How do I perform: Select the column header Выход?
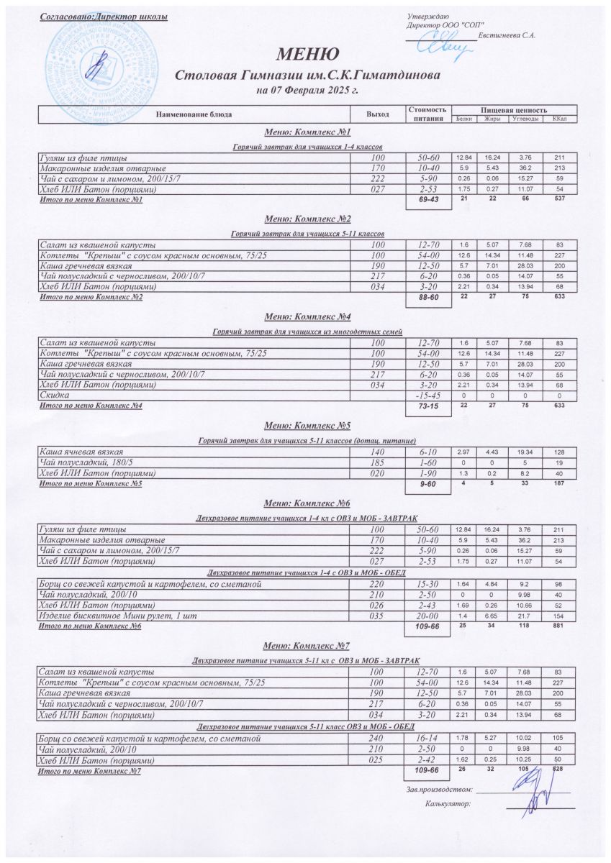pos(377,114)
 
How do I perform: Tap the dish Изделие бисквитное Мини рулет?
pos(116,616)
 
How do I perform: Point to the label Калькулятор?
pos(448,803)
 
